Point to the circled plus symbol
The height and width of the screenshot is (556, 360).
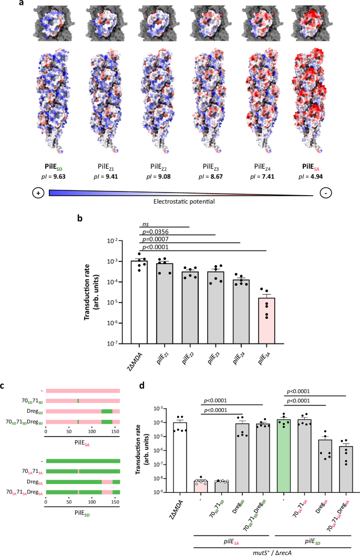[x=38, y=193]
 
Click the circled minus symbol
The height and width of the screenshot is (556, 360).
[x=327, y=193]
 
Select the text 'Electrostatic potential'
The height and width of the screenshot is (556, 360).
[x=182, y=201]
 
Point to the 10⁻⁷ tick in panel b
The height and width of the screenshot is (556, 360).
[x=120, y=343]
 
